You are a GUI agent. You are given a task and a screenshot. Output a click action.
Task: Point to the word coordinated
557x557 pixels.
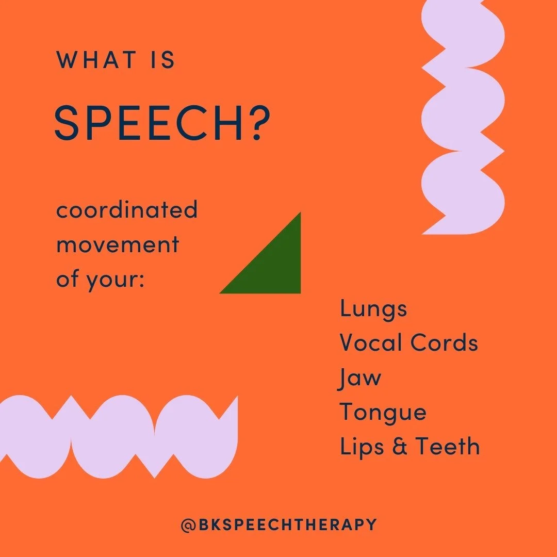pyautogui.click(x=127, y=210)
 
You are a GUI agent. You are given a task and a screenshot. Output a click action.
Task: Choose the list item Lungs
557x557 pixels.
pyautogui.click(x=373, y=309)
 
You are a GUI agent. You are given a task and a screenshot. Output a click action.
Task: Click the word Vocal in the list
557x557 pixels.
pyautogui.click(x=372, y=343)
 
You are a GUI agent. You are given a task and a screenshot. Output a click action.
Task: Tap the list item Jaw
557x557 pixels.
pyautogui.click(x=360, y=378)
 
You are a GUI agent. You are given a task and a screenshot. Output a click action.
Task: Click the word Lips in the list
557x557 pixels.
pyautogui.click(x=359, y=447)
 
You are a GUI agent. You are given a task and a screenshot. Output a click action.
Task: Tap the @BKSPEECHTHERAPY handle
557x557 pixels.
pyautogui.click(x=278, y=525)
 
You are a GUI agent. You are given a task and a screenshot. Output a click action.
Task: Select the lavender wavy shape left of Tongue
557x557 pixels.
pyautogui.click(x=119, y=436)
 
